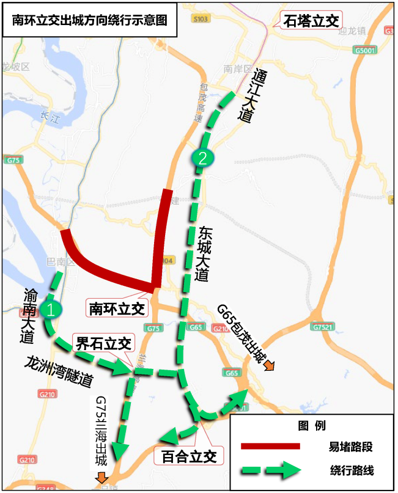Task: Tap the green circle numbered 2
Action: (x=202, y=157)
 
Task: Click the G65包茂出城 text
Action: (x=241, y=334)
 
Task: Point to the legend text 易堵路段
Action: (x=347, y=447)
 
